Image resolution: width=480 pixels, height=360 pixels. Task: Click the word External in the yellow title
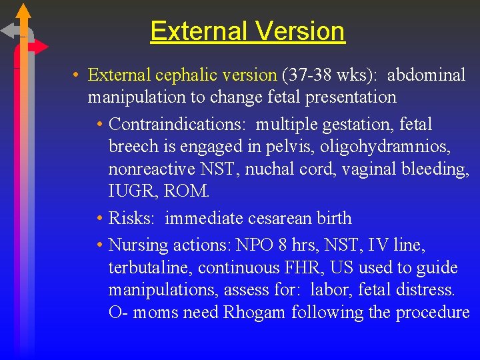(197, 31)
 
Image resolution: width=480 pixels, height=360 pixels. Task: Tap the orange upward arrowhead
(23, 11)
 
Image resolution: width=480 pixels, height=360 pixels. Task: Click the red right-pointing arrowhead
(41, 47)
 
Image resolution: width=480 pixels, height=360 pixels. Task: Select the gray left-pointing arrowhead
(9, 30)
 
